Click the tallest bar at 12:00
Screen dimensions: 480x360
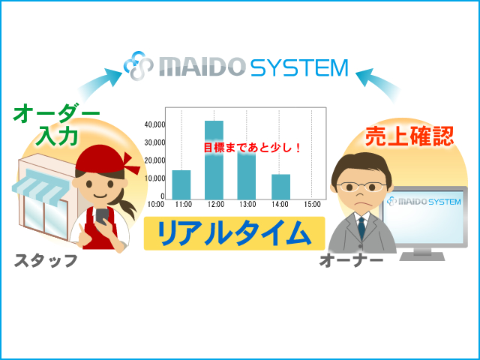tap(214, 160)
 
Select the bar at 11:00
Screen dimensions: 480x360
tap(181, 185)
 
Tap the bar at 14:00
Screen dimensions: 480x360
tap(280, 187)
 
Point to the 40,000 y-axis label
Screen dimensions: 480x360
tap(154, 124)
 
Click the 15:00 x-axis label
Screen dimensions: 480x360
tap(312, 204)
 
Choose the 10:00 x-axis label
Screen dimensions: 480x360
tap(156, 204)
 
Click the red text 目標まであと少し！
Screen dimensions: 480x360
tap(253, 148)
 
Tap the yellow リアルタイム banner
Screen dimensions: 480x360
tap(234, 233)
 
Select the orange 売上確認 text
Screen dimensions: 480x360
tap(409, 136)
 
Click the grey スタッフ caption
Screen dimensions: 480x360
tap(46, 261)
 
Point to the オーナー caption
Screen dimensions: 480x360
tap(351, 260)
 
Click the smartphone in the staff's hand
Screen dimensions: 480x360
tap(102, 216)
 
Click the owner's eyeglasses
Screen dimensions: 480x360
tap(361, 187)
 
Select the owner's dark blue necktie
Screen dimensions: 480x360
tap(361, 227)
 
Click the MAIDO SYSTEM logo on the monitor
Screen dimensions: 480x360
tap(424, 202)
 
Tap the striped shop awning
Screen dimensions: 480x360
tap(40, 186)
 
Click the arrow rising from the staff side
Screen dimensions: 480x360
tap(97, 83)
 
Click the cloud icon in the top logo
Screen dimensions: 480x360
tap(138, 66)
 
